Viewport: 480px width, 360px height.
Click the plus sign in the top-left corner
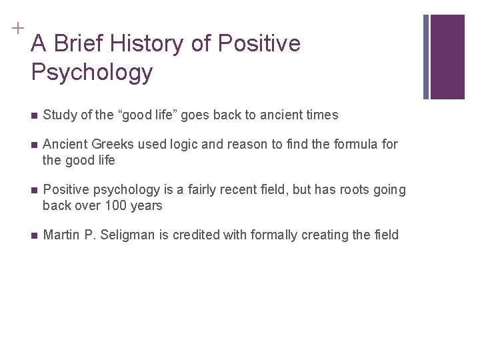[x=15, y=27]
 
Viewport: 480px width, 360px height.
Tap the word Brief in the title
[x=75, y=44]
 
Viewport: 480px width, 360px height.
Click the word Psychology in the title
[x=91, y=72]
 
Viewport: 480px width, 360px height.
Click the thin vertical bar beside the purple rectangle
[x=426, y=57]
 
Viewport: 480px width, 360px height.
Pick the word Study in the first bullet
[x=57, y=115]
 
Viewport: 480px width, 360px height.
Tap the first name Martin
[x=59, y=235]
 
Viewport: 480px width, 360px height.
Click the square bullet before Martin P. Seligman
[x=34, y=235]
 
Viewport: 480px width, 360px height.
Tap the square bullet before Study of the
[x=34, y=116]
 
